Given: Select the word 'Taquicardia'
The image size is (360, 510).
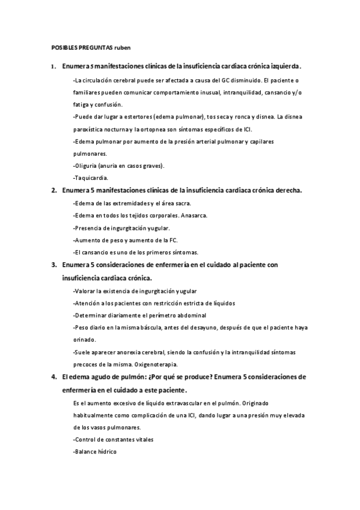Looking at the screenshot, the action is click(x=90, y=178).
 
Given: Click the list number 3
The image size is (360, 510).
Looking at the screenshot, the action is click(x=53, y=265).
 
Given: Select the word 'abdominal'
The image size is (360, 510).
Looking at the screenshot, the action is click(x=188, y=315).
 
